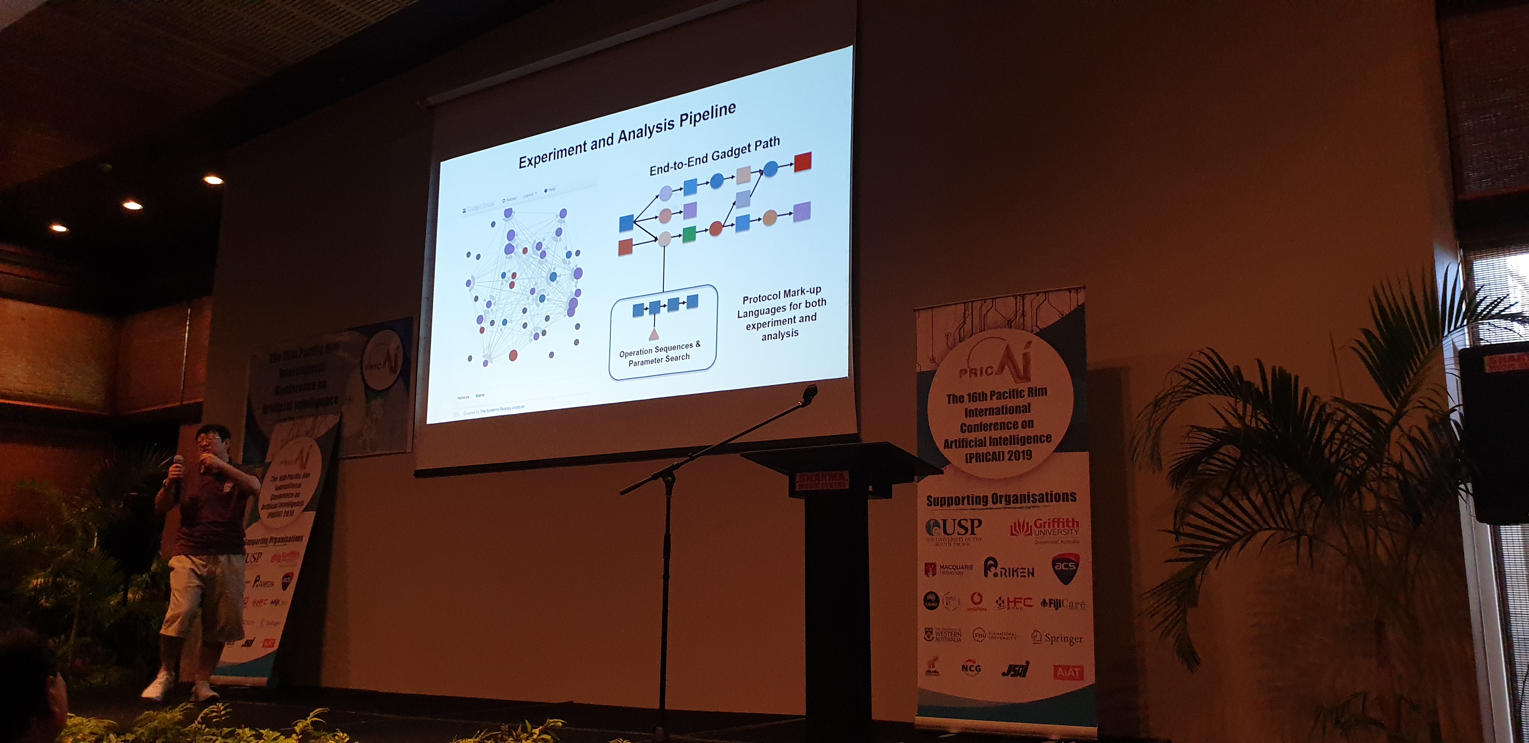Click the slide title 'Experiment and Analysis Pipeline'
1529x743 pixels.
[x=627, y=135]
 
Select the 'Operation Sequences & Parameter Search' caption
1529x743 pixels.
[x=659, y=353]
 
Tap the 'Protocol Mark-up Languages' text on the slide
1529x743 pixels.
[x=781, y=314]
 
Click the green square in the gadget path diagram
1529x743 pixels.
[x=689, y=234]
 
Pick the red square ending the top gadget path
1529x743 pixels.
[x=802, y=162]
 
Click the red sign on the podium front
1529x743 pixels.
[x=822, y=481]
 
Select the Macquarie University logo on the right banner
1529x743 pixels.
[x=949, y=570]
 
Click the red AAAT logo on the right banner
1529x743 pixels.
[x=1068, y=672]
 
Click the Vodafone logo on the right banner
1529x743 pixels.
[x=976, y=601]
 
